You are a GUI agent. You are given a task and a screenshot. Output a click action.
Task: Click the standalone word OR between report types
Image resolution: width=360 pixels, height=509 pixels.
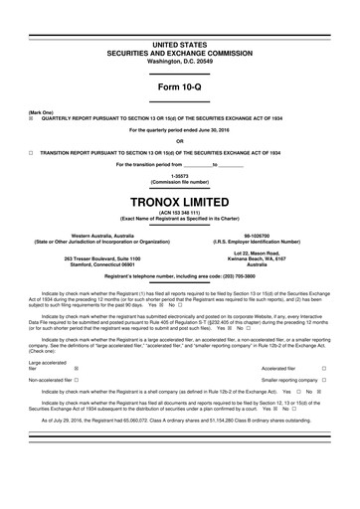tap(180, 141)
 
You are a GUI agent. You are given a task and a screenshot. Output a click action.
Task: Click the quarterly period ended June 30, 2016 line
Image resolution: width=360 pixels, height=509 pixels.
tap(180, 130)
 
